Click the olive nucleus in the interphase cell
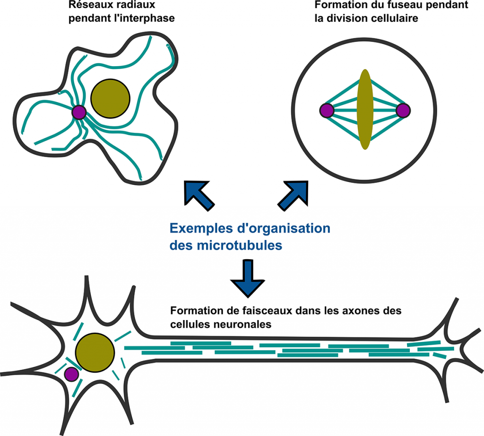[110, 98]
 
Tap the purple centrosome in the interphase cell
[78, 112]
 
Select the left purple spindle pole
[327, 111]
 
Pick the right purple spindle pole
[403, 111]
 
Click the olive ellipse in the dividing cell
[364, 109]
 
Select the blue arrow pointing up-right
[294, 194]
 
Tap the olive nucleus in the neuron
[95, 352]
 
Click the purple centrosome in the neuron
[71, 374]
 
